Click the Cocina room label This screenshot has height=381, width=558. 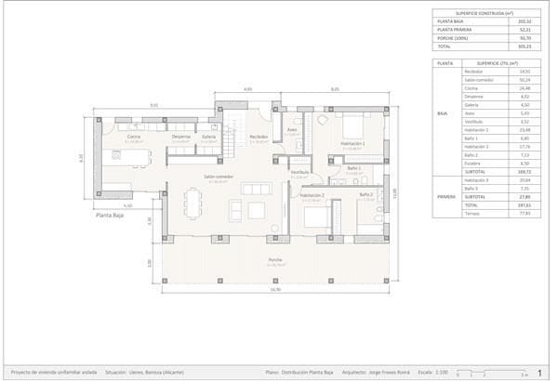coord(134,137)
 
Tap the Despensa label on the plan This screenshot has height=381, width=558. coord(181,137)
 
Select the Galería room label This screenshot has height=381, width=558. coord(208,137)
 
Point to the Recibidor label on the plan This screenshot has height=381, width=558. coord(259,137)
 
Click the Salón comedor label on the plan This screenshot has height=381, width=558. coord(219,177)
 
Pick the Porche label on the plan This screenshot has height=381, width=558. coord(275,259)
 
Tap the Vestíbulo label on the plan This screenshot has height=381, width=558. coord(299,172)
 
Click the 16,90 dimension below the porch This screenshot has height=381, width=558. coord(275,289)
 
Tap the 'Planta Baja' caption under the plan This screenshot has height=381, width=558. coord(110,215)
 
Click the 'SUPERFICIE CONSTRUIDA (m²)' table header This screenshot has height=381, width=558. coord(485,14)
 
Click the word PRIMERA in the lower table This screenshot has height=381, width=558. coord(445,197)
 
